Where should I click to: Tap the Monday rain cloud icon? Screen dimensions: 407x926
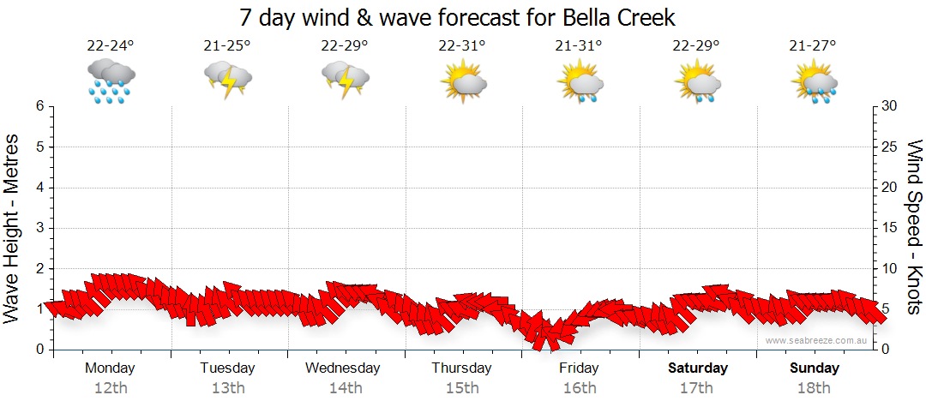click(111, 81)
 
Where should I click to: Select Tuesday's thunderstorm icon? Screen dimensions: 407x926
click(228, 81)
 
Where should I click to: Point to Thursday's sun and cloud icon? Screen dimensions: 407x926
click(463, 82)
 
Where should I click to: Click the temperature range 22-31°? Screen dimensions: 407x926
click(461, 46)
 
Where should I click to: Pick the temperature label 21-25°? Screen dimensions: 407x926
click(227, 46)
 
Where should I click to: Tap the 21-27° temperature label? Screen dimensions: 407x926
click(813, 46)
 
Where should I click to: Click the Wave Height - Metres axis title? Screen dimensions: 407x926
click(14, 228)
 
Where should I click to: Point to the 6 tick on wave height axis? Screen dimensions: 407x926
click(39, 106)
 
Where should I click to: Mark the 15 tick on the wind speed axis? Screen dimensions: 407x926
click(890, 228)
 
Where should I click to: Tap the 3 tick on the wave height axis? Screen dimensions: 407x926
click(39, 228)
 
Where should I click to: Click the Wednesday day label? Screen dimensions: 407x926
click(343, 368)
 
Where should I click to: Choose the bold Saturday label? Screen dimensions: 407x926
click(698, 368)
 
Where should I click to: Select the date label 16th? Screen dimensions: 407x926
click(580, 388)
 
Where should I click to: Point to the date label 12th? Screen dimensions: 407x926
click(110, 388)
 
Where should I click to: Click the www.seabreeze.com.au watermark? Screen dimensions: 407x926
click(816, 340)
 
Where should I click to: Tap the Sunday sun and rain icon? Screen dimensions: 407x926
click(814, 82)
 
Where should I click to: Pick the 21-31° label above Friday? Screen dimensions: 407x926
click(579, 46)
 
